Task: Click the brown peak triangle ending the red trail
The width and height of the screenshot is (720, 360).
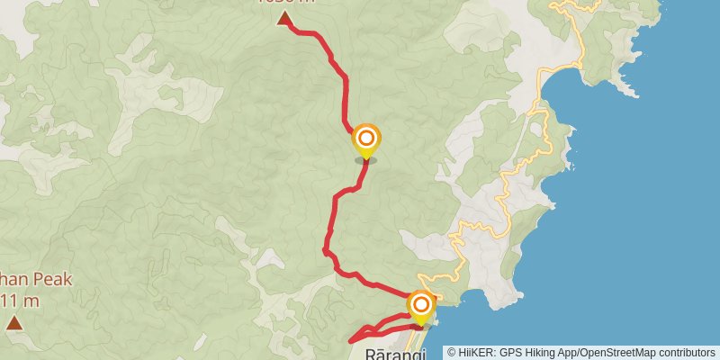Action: coord(284,18)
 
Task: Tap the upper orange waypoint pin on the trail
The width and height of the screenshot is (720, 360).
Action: coord(366,139)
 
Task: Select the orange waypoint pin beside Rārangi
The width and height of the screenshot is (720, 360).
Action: coord(420,305)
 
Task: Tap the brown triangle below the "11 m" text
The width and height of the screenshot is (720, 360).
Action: coord(13,322)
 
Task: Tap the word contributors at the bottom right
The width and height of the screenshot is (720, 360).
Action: coord(689,353)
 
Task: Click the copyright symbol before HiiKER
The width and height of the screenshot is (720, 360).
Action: coord(453,353)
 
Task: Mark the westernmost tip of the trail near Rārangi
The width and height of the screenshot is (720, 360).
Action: coord(350,340)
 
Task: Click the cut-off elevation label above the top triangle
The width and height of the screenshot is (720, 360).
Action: coord(286,2)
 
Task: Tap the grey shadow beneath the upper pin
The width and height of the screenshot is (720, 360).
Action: coord(365,160)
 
